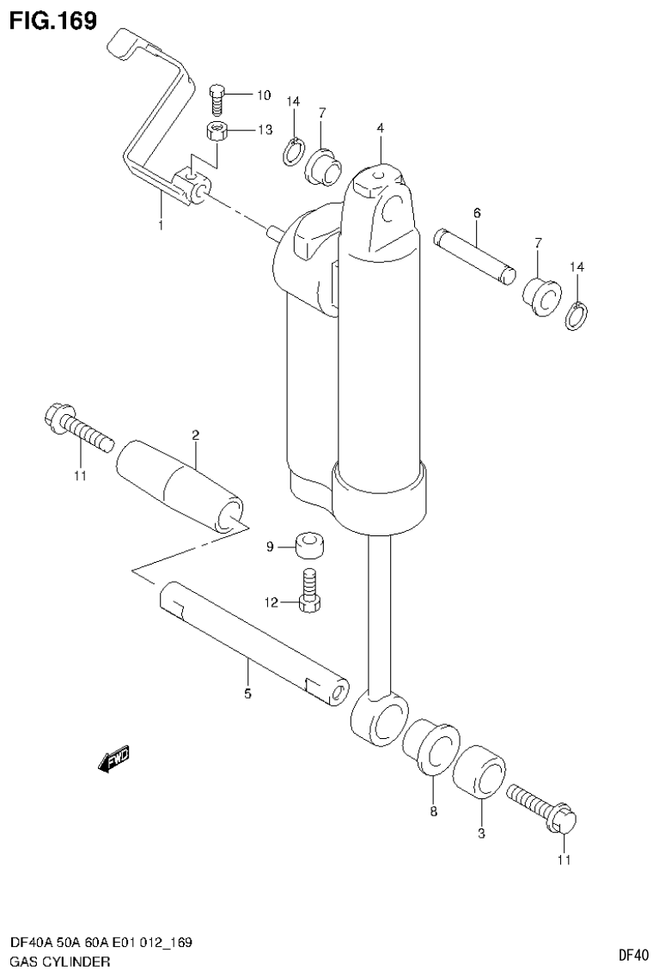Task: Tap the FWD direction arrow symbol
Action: pos(114,758)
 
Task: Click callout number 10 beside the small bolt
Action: pos(263,95)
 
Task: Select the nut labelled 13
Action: pos(218,131)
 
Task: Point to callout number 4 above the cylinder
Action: pos(379,128)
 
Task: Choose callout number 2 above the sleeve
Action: pos(196,436)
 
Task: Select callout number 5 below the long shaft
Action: pos(247,693)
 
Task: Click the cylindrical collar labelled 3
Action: pos(479,773)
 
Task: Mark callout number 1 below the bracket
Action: pos(160,201)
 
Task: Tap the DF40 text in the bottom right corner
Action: pos(632,955)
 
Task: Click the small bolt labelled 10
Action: pos(217,99)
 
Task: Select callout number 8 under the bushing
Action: pos(433,810)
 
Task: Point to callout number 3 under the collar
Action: pos(481,833)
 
